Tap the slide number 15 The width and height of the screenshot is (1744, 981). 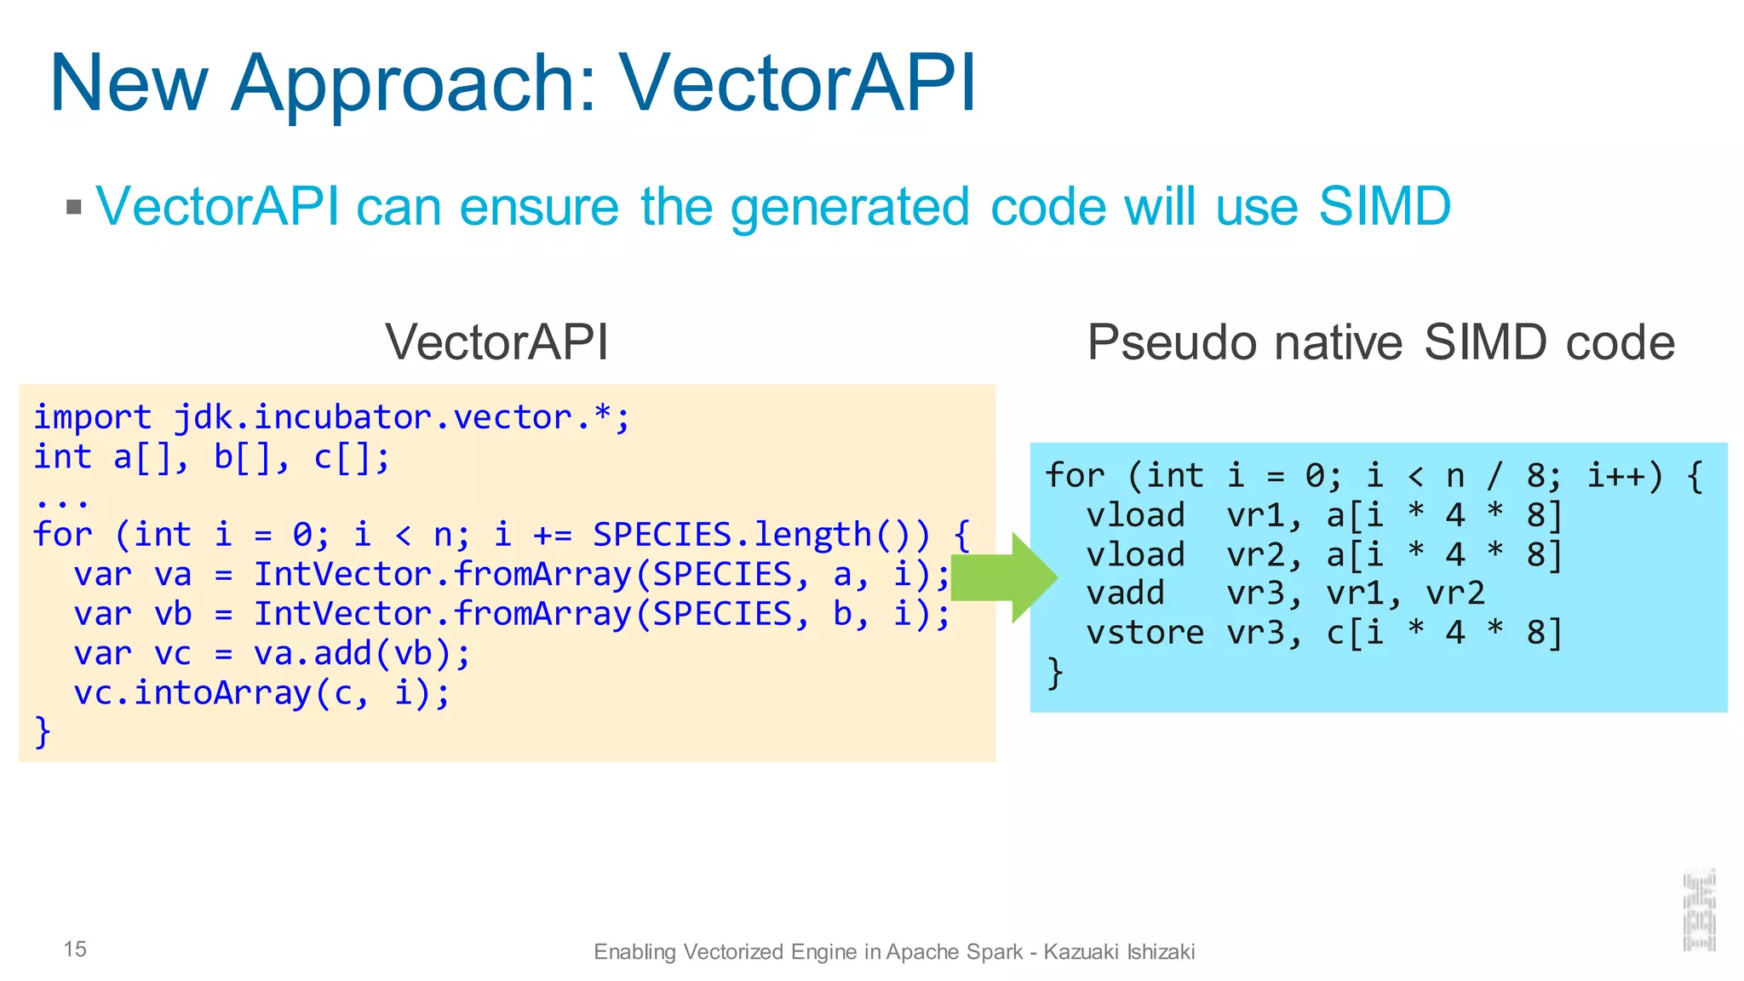click(x=75, y=949)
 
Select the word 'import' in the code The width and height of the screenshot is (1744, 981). click(x=92, y=417)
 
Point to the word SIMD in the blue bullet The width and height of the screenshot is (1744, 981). click(x=1384, y=207)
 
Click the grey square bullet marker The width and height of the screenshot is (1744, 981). click(x=74, y=207)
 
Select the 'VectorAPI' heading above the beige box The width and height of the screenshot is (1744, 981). click(x=496, y=342)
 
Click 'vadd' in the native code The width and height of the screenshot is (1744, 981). click(x=1125, y=593)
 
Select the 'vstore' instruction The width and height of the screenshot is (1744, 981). click(x=1144, y=633)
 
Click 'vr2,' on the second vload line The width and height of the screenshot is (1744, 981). click(x=1265, y=555)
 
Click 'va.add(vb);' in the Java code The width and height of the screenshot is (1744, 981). click(x=362, y=653)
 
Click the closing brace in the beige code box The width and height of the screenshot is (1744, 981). click(x=43, y=732)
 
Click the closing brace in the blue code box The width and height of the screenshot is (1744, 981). click(x=1055, y=673)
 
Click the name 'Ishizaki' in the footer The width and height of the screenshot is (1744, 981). click(x=1161, y=951)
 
